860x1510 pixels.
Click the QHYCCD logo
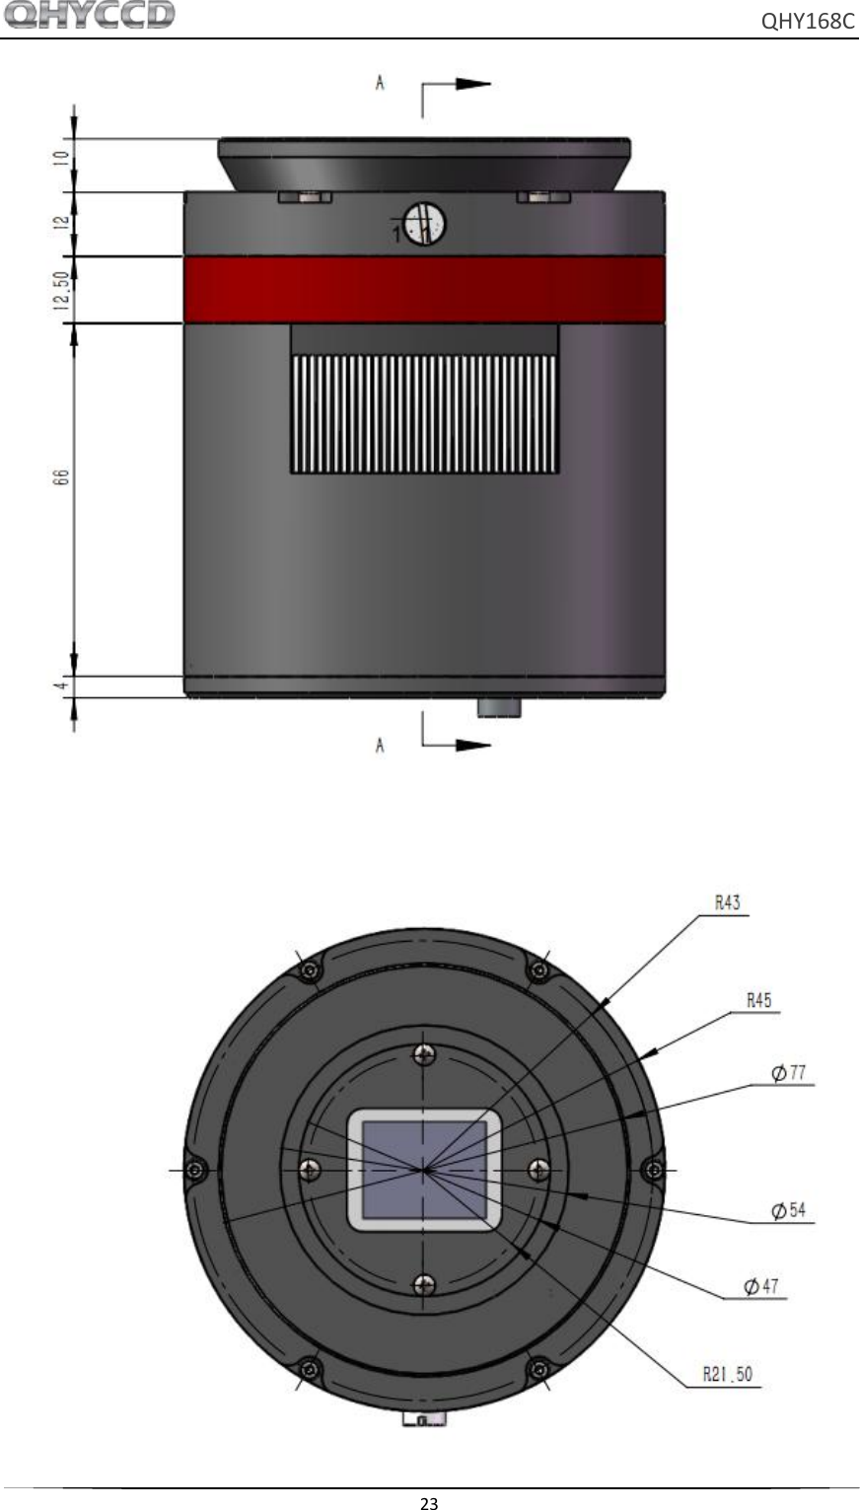[x=90, y=16]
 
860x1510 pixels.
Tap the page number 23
[x=429, y=1503]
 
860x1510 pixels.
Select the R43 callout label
[x=727, y=901]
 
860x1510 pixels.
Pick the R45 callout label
[x=757, y=999]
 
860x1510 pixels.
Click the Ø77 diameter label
[x=791, y=1071]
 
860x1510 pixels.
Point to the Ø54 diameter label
[x=791, y=1210]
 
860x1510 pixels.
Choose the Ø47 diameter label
[x=762, y=1286]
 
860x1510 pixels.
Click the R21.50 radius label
[x=728, y=1372]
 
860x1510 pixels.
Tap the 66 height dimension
[x=61, y=476]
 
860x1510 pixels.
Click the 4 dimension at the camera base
[x=61, y=684]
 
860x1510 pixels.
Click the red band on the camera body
[x=424, y=290]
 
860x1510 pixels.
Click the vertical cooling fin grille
[x=424, y=412]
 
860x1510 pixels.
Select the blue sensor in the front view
[x=424, y=1169]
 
